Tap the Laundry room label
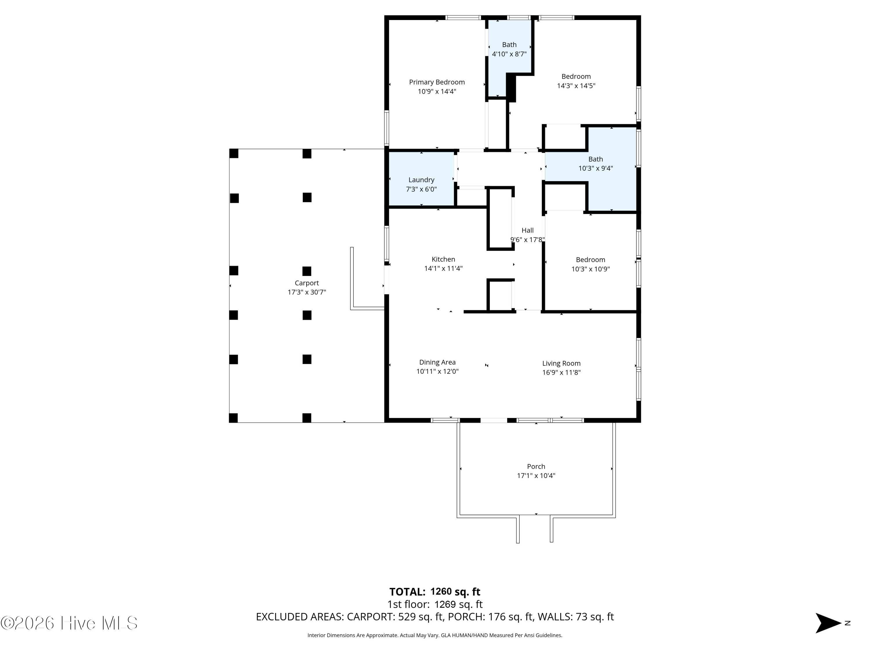point(421,180)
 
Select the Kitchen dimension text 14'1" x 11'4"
point(443,269)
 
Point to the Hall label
point(528,230)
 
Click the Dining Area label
point(437,362)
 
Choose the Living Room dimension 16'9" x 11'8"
point(561,372)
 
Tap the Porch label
point(536,466)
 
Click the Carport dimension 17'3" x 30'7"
point(307,292)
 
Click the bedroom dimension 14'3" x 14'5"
point(576,86)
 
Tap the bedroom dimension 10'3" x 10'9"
point(590,269)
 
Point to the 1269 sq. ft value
point(458,604)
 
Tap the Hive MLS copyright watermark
point(69,623)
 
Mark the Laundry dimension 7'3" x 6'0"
point(421,189)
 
